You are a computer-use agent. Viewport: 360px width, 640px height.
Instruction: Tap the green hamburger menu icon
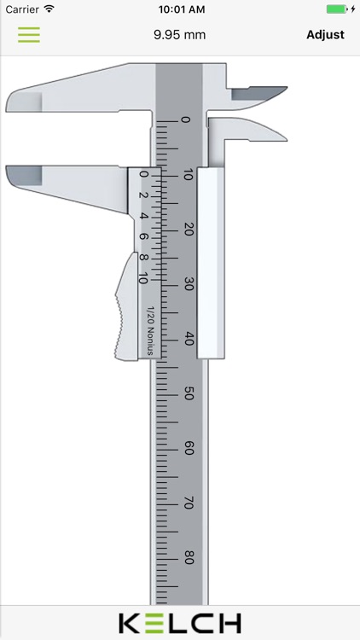[29, 35]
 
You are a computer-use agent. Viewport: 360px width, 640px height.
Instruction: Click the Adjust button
[325, 35]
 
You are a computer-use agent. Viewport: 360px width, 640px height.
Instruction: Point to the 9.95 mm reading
[179, 35]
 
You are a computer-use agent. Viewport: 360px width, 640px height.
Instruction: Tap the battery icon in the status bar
[338, 9]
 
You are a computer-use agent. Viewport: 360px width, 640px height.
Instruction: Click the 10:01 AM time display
[180, 9]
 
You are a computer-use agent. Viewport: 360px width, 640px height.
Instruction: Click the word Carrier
[21, 9]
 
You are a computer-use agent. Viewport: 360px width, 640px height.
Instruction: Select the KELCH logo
[179, 623]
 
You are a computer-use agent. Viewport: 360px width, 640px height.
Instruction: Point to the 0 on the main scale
[187, 120]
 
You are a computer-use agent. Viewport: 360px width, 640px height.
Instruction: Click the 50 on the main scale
[188, 393]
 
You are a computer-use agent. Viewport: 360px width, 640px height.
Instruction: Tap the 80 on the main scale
[188, 557]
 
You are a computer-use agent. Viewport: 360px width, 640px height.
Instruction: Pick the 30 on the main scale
[188, 284]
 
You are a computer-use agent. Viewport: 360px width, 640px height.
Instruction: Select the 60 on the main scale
[188, 448]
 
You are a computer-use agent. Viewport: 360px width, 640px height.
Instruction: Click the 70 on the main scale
[188, 503]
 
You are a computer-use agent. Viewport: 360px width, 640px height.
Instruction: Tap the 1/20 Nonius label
[150, 330]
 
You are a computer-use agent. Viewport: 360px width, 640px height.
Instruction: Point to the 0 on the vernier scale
[143, 175]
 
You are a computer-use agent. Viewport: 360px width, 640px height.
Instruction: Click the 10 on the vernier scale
[142, 278]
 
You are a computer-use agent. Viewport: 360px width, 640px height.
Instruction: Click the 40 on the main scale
[188, 339]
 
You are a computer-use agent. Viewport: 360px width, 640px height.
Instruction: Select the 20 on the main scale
[188, 230]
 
